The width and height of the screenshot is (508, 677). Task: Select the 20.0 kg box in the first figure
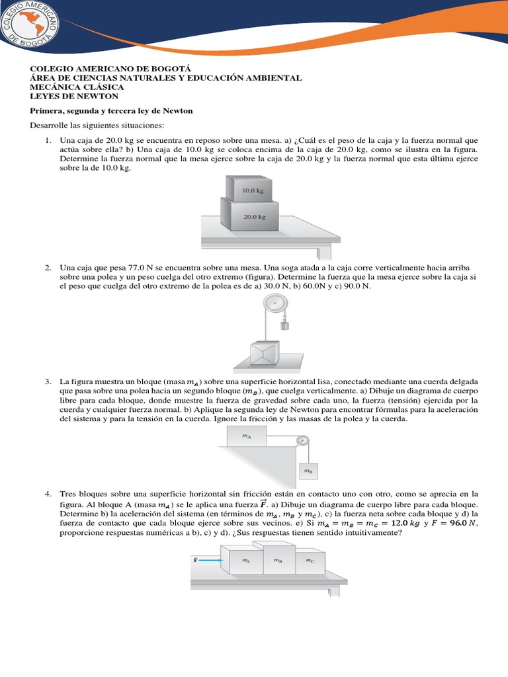click(x=252, y=216)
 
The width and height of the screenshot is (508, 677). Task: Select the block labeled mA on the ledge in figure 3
click(x=246, y=437)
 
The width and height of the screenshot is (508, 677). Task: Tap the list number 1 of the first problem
click(x=48, y=141)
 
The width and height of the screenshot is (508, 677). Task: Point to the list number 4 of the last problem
click(x=48, y=494)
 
